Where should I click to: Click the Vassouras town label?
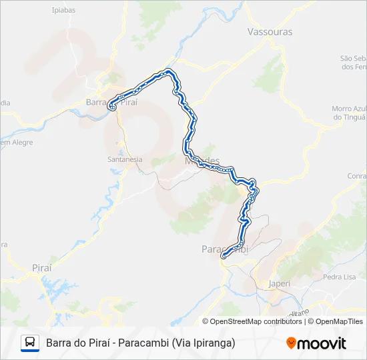[270, 31]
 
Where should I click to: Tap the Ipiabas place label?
[64, 10]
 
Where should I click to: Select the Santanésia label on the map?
[125, 160]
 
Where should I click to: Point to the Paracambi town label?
[224, 249]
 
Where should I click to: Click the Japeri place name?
[280, 283]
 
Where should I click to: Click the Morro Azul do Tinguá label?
[349, 113]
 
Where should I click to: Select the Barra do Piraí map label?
[111, 102]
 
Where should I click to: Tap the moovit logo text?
[322, 343]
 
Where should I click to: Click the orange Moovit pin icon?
[291, 343]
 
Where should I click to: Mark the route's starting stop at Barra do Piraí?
[111, 105]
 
